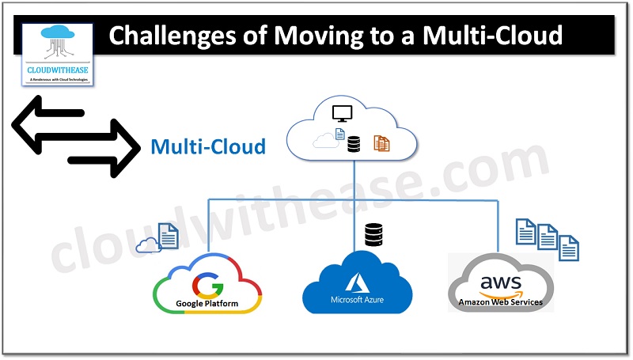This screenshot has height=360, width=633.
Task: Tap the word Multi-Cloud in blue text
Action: pyautogui.click(x=208, y=146)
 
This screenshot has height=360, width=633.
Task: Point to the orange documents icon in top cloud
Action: pyautogui.click(x=382, y=143)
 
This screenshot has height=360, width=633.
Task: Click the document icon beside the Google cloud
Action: pyautogui.click(x=168, y=235)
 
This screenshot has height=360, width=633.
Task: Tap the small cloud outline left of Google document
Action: pyautogui.click(x=147, y=245)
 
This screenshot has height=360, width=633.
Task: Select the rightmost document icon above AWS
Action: pyautogui.click(x=568, y=248)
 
